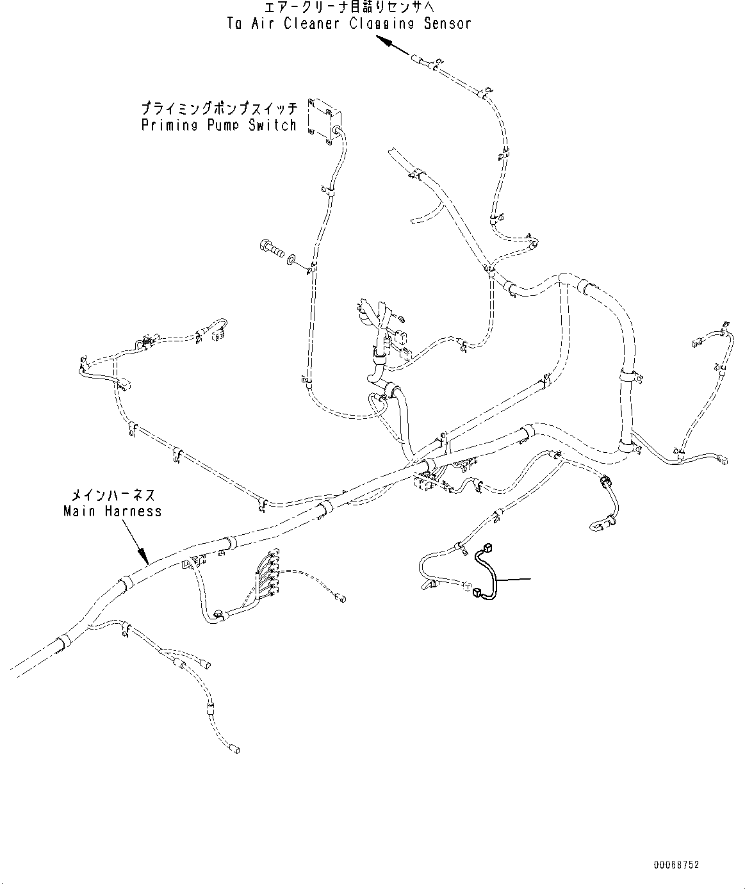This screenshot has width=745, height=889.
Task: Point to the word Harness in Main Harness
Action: (135, 511)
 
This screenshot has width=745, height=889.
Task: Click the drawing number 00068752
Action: (676, 865)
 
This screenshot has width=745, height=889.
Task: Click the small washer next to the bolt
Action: (291, 259)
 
